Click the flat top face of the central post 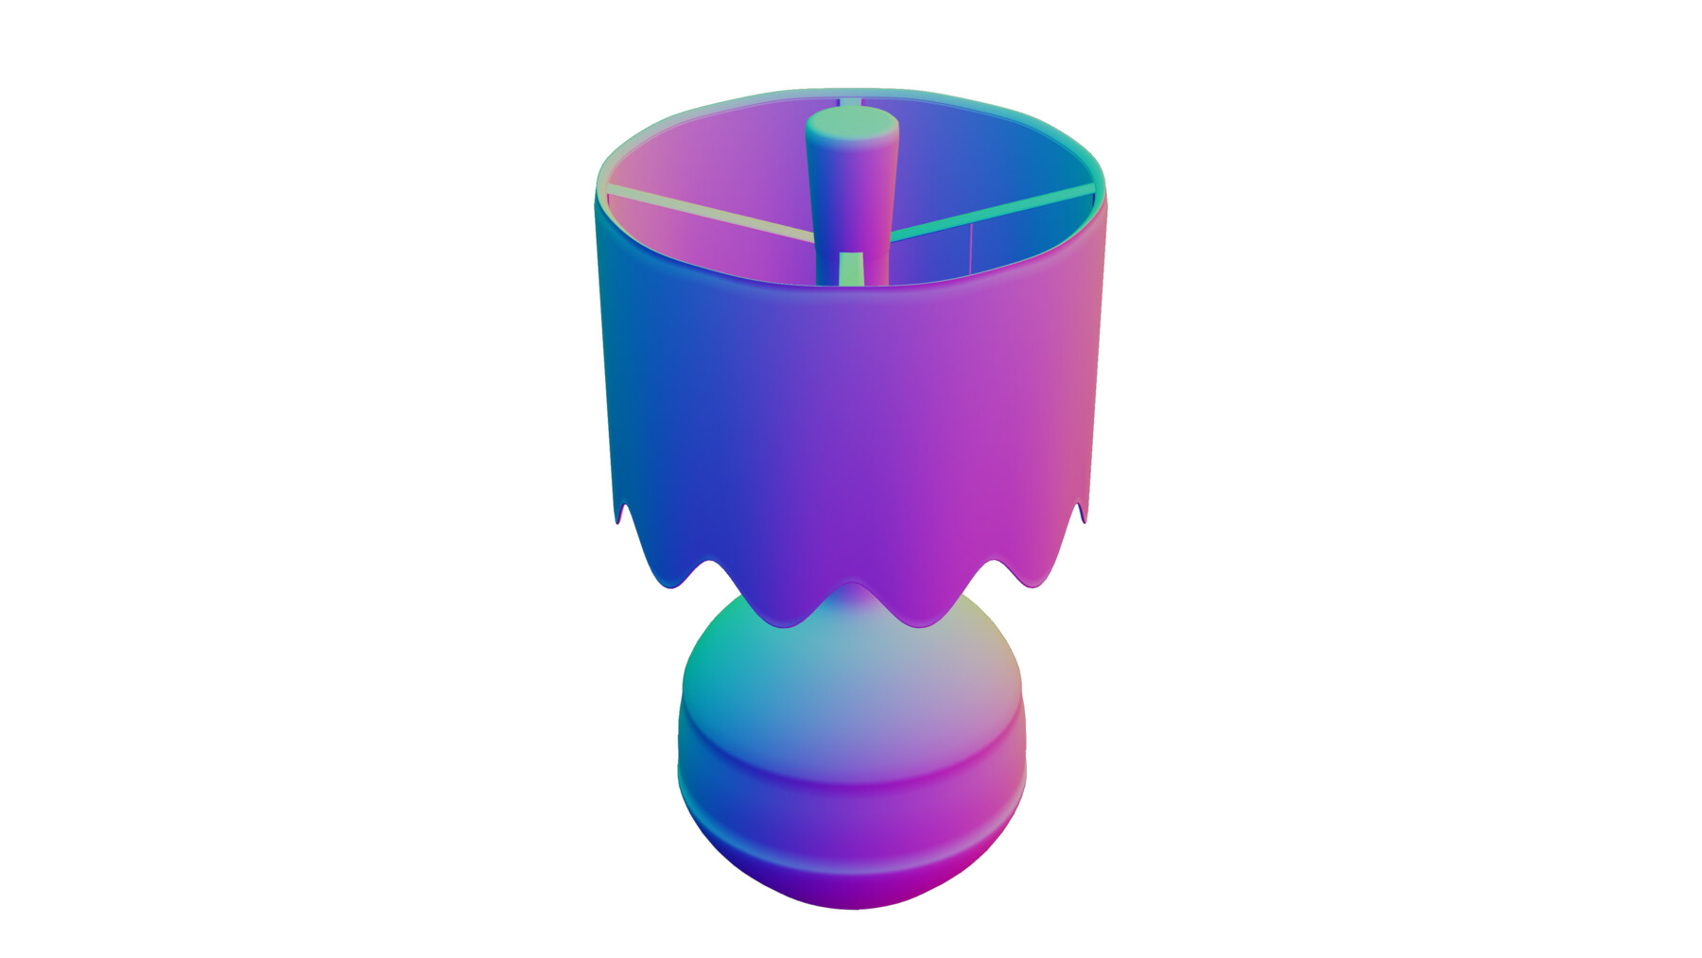(x=851, y=124)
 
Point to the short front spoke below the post (x=851, y=268)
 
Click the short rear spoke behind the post (x=850, y=101)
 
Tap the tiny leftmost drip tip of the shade (x=622, y=515)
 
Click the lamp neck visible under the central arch (x=851, y=598)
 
